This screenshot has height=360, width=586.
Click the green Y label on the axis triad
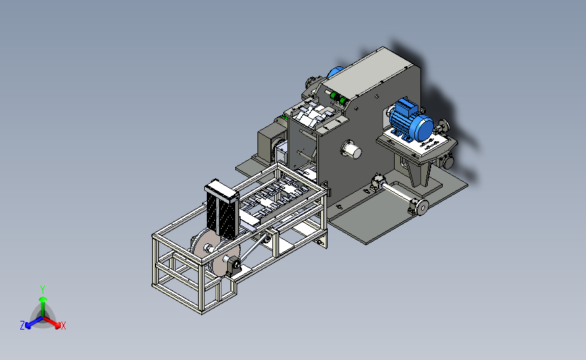tap(43, 290)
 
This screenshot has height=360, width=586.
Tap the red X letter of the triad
tap(63, 326)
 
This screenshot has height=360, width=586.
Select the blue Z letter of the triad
tap(22, 326)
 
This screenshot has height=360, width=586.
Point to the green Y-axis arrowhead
tap(43, 299)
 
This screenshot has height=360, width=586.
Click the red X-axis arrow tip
tap(57, 326)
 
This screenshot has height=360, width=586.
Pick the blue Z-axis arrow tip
tap(28, 326)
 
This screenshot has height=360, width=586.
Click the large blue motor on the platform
tap(411, 120)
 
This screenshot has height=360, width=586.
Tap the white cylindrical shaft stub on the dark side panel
tap(351, 149)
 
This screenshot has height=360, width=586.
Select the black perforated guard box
tap(222, 210)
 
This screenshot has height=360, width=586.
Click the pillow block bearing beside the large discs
tap(236, 265)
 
